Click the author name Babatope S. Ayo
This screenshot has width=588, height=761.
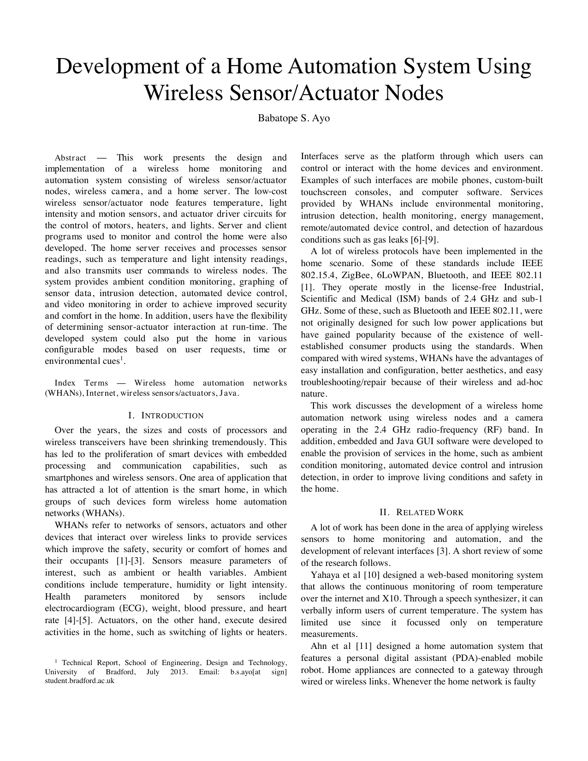click(x=294, y=118)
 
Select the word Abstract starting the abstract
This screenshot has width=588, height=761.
click(x=70, y=158)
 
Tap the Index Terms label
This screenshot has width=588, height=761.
click(x=81, y=383)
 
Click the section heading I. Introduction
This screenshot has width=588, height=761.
click(x=166, y=416)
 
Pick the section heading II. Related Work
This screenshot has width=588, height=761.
click(x=422, y=512)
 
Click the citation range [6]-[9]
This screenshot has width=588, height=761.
click(x=424, y=240)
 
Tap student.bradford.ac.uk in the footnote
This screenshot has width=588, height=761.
click(x=79, y=680)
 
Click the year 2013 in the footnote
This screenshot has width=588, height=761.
click(x=178, y=672)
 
